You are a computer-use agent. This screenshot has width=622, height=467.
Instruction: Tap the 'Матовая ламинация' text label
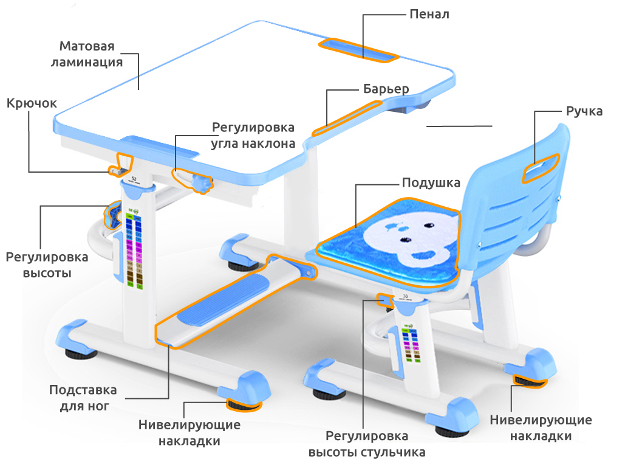click(x=91, y=54)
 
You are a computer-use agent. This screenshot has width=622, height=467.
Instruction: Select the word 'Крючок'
click(x=32, y=103)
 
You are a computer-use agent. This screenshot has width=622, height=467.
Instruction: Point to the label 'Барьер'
click(x=386, y=89)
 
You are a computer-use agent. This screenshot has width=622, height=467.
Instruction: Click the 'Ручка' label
click(x=584, y=111)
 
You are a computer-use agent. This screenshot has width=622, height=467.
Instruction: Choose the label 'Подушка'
click(x=431, y=183)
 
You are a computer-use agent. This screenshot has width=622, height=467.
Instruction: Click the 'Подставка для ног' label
click(x=83, y=398)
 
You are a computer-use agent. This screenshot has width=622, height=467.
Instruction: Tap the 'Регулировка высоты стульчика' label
click(x=366, y=444)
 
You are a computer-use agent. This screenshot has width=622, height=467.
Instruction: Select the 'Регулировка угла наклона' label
click(x=253, y=136)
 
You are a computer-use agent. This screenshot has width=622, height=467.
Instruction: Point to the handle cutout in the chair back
click(x=540, y=167)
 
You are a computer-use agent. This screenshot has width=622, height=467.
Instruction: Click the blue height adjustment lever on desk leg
click(x=113, y=215)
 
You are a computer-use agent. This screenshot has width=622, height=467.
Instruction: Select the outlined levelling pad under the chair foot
click(x=530, y=381)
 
